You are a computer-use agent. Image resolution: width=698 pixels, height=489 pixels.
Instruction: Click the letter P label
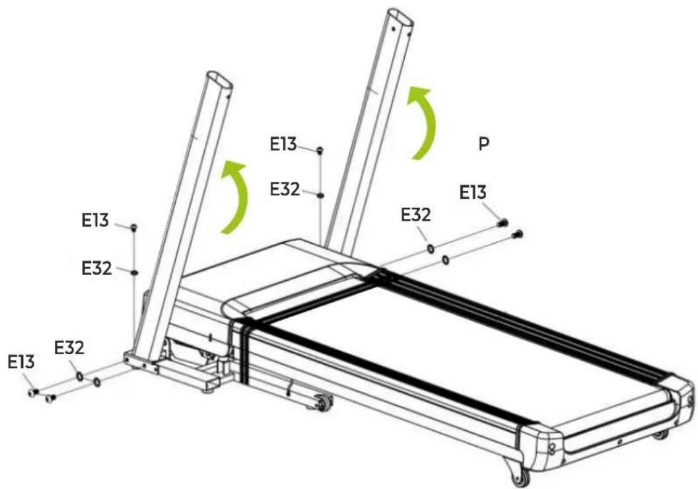click(484, 144)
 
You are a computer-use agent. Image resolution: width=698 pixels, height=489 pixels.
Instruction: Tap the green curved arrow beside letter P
click(423, 122)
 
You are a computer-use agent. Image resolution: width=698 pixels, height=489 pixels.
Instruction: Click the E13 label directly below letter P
click(473, 192)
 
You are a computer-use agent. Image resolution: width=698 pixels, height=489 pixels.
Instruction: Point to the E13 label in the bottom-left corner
click(21, 362)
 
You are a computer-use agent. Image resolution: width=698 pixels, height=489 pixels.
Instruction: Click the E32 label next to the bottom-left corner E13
click(69, 348)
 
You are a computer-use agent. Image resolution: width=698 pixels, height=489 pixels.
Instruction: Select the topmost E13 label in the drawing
click(283, 144)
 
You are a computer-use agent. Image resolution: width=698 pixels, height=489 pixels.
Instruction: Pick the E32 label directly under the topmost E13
click(285, 189)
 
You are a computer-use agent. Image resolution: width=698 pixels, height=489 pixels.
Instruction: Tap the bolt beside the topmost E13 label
click(320, 151)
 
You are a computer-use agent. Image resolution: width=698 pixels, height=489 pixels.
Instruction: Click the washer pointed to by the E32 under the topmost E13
click(320, 195)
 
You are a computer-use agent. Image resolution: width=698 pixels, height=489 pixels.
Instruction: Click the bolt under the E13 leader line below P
click(503, 222)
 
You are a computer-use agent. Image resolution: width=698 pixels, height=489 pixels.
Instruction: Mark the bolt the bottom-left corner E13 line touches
click(34, 393)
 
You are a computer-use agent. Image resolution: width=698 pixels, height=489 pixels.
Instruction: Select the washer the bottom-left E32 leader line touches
click(79, 377)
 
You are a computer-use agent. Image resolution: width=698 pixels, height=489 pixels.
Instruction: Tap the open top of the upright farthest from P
click(219, 79)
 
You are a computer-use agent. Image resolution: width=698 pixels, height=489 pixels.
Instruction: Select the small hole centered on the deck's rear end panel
click(619, 442)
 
